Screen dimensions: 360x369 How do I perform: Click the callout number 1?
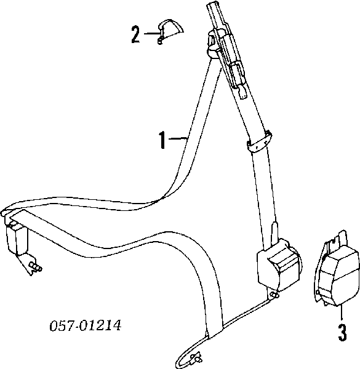click(x=162, y=140)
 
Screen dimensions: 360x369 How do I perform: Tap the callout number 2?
click(x=135, y=34)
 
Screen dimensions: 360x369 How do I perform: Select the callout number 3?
click(x=342, y=332)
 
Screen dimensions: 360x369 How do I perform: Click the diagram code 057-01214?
click(x=86, y=326)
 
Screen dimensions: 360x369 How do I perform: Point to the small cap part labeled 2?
click(x=170, y=31)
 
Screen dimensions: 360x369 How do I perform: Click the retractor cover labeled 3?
click(x=337, y=269)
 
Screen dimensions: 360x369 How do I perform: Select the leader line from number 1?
click(x=178, y=138)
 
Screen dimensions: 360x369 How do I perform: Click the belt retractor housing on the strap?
click(x=279, y=265)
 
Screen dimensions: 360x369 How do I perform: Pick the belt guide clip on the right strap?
click(x=259, y=142)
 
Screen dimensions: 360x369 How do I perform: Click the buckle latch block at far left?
click(x=15, y=237)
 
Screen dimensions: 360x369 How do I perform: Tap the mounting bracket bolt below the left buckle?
click(x=35, y=267)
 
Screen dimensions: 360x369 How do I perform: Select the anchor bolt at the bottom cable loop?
click(x=196, y=357)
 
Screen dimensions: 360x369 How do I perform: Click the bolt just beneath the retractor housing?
click(x=274, y=295)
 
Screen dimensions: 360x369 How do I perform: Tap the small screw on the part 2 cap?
click(x=160, y=41)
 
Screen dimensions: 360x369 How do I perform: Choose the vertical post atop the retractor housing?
click(x=274, y=234)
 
